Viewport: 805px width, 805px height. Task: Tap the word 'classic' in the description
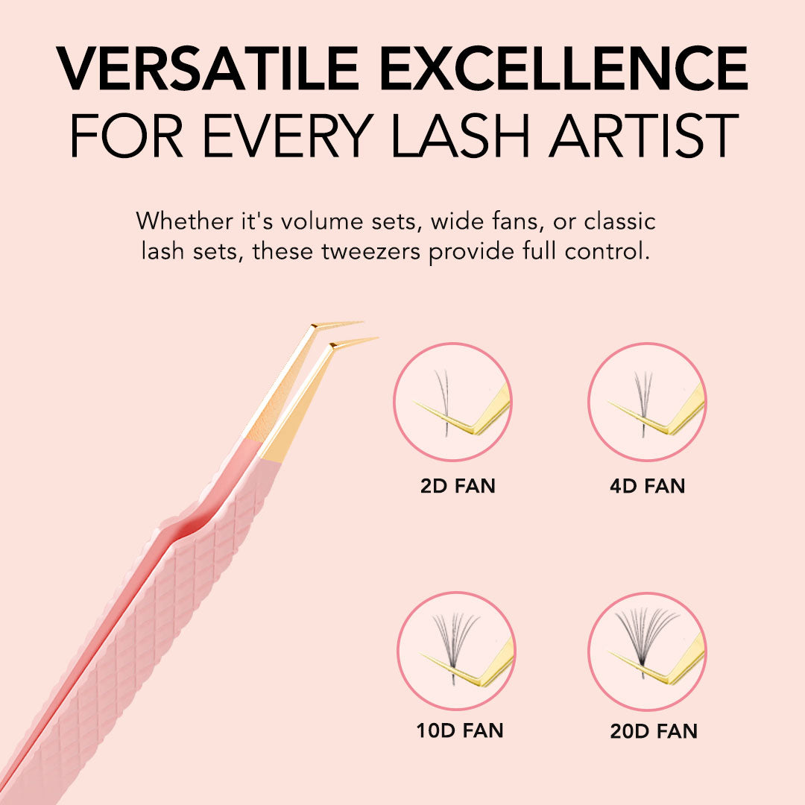[x=619, y=221]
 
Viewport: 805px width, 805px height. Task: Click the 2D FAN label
[x=458, y=487]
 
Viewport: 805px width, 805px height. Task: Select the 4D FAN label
[x=647, y=487]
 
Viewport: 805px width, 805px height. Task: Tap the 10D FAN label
[x=459, y=730]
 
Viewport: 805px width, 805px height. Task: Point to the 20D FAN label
[x=654, y=730]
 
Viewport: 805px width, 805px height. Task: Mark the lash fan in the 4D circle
[x=642, y=395]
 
